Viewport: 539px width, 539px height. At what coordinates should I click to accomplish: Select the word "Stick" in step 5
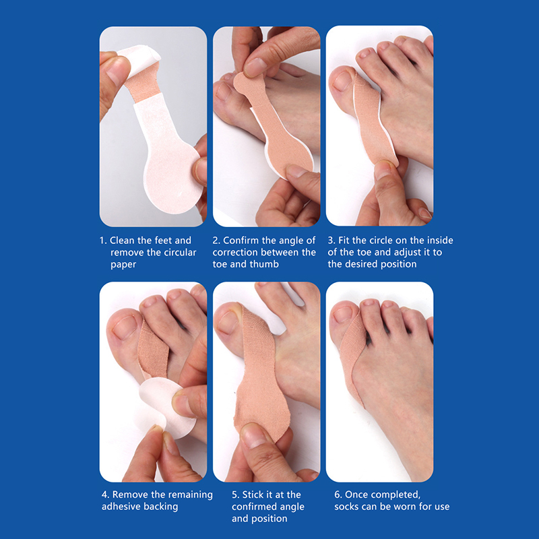(252, 495)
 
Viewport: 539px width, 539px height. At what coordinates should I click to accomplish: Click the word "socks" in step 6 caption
(346, 507)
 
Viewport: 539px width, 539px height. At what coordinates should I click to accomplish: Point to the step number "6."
(338, 495)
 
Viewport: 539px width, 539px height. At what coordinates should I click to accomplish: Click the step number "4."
(106, 495)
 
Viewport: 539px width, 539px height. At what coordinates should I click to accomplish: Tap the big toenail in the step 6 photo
(343, 314)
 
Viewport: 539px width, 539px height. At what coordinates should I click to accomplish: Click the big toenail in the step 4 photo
(125, 327)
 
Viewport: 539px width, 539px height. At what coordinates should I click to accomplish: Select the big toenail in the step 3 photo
(342, 81)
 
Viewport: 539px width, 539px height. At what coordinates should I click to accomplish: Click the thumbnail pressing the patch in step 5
(253, 437)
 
